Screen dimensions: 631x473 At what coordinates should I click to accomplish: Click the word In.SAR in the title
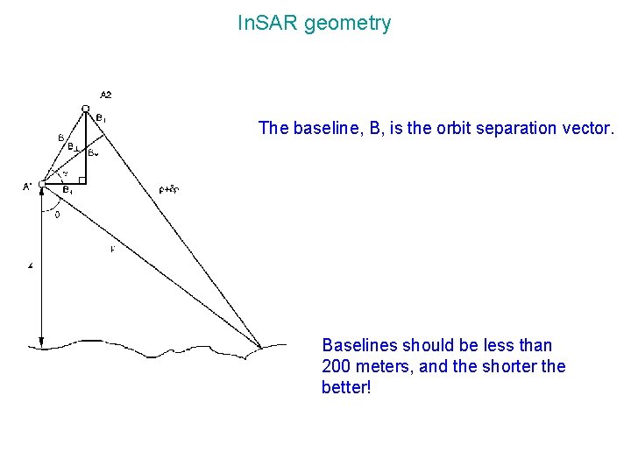click(267, 24)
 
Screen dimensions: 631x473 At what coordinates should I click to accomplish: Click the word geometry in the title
click(349, 25)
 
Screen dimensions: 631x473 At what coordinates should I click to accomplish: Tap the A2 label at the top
click(106, 95)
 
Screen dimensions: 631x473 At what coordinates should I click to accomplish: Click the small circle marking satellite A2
click(85, 108)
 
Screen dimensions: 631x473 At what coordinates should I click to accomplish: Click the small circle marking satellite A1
click(41, 183)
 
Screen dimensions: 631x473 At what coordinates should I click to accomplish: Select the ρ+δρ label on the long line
click(169, 187)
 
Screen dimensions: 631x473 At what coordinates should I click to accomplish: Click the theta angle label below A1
click(57, 214)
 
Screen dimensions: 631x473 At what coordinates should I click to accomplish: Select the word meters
click(383, 367)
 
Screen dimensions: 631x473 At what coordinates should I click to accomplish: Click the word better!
click(347, 388)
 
